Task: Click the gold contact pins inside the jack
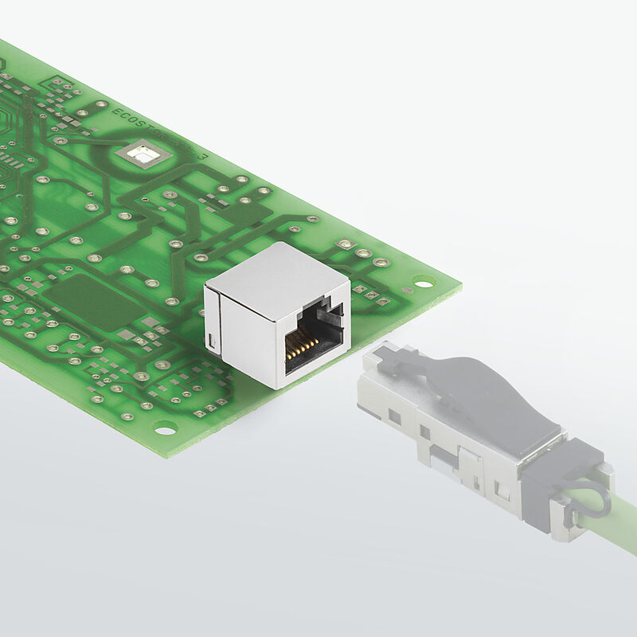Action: pos(302,343)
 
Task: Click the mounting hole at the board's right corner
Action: pos(423,282)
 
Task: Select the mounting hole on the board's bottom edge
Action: pos(165,430)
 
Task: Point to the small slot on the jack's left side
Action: pos(211,342)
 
